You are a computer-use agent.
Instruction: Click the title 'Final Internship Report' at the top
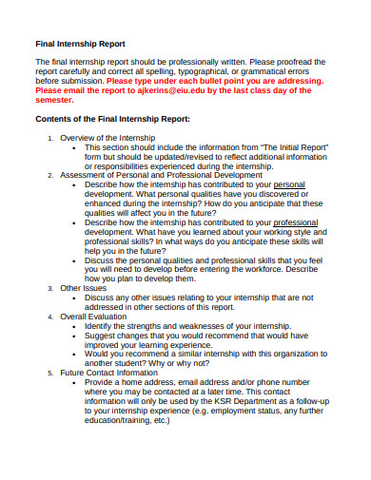click(80, 44)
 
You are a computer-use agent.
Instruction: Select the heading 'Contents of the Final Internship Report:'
click(112, 119)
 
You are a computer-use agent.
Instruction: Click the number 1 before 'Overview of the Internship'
click(50, 139)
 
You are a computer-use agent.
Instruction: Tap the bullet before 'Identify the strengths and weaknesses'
click(75, 325)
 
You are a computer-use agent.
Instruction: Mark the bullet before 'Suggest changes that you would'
click(75, 335)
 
